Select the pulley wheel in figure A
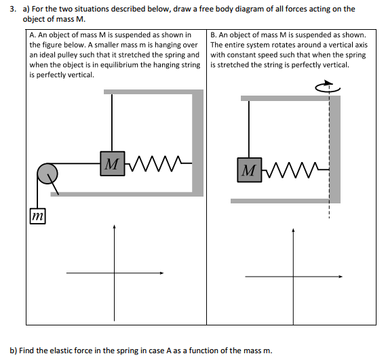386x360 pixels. click(47, 174)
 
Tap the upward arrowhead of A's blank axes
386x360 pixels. click(114, 229)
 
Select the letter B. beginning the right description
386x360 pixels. click(214, 35)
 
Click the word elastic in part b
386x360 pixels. click(61, 350)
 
